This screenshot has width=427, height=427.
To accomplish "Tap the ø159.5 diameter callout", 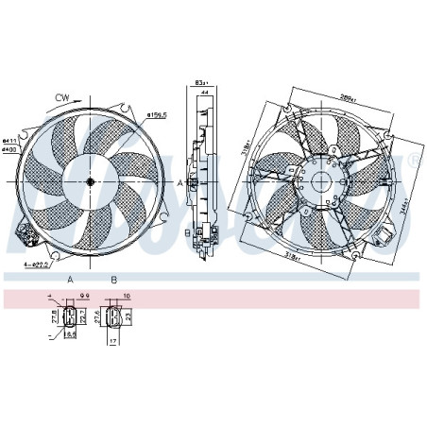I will click(158, 116).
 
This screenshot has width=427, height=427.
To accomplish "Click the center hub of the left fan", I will click(90, 181).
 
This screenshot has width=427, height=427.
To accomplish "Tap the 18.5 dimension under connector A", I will click(70, 334).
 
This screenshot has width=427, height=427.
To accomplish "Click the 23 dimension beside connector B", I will click(130, 318).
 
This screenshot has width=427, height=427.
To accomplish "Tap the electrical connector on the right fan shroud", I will click(388, 234).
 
